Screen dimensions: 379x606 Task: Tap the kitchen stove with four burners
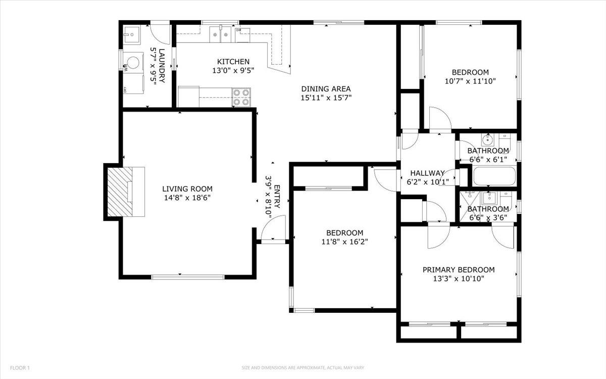click(241, 97)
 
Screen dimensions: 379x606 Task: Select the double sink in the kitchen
click(220, 34)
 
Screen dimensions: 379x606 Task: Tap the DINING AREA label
click(326, 89)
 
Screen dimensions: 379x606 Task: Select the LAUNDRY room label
click(162, 66)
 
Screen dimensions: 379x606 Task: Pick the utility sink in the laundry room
click(132, 34)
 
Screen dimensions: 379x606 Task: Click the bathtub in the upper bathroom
click(494, 176)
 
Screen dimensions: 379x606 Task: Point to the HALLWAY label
click(427, 173)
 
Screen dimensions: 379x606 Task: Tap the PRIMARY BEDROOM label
click(459, 270)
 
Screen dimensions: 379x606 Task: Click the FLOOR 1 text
click(20, 367)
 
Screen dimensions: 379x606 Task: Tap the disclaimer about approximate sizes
click(303, 367)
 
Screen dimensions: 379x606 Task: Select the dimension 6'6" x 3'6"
click(487, 218)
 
